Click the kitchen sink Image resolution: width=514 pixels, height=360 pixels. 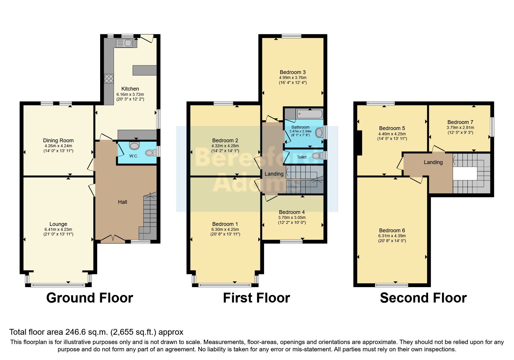(124, 44)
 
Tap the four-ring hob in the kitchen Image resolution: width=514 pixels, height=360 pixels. (109, 79)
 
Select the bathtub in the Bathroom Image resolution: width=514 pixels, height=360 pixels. (309, 114)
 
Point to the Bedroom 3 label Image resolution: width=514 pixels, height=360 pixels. (293, 72)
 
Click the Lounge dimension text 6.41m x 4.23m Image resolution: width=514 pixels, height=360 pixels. (58, 229)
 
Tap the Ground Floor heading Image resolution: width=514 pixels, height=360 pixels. (89, 298)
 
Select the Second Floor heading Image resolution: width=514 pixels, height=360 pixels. (423, 298)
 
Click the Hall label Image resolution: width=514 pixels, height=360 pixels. (122, 202)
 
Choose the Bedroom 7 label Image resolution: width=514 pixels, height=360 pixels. (460, 122)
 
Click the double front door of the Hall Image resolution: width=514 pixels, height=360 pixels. (113, 239)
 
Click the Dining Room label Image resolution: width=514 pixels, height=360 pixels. (58, 141)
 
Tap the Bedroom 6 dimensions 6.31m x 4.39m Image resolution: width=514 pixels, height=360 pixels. (392, 236)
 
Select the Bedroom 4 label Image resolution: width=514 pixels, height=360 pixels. (292, 212)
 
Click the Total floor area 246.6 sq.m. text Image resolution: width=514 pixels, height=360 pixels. (96, 332)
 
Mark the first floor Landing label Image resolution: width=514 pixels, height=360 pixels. (274, 174)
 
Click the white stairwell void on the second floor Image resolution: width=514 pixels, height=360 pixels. (465, 174)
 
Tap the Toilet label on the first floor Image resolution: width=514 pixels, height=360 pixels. (302, 157)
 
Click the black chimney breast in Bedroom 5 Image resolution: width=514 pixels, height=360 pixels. (359, 143)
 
